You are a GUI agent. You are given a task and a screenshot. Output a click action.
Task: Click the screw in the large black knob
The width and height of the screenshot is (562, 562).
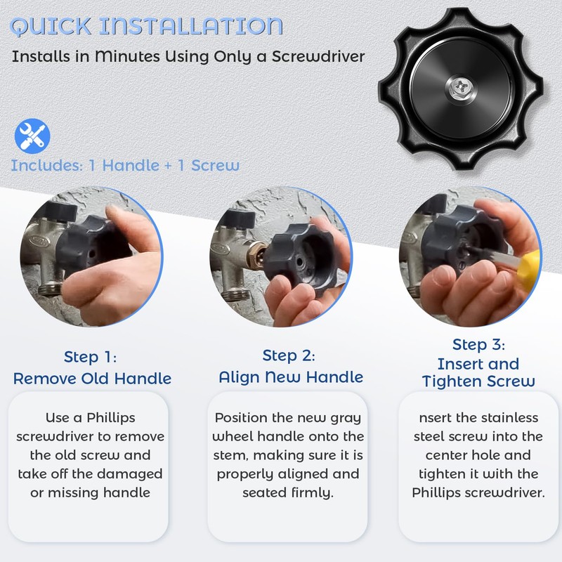pos(461,89)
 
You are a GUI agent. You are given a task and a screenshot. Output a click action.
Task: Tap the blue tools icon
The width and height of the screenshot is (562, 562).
pos(32,136)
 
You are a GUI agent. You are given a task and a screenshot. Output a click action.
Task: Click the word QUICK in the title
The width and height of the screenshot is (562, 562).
pos(51,26)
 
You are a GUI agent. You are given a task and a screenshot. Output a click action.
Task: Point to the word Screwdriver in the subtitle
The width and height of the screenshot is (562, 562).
pos(318,56)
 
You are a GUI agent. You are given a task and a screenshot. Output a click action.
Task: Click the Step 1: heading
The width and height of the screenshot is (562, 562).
pos(91,357)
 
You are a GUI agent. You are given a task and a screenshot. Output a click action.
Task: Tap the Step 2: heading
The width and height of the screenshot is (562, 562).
pos(289,356)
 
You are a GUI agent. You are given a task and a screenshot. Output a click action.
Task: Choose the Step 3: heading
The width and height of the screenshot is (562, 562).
pos(479,345)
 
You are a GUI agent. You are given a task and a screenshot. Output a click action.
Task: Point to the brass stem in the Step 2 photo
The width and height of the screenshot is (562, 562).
pos(259,254)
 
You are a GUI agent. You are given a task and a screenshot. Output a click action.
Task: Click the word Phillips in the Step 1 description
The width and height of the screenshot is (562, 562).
pos(111,418)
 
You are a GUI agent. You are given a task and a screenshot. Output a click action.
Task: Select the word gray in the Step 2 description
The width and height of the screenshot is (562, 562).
pos(346,419)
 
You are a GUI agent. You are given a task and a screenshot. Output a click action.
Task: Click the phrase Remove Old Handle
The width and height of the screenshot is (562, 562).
pos(93,379)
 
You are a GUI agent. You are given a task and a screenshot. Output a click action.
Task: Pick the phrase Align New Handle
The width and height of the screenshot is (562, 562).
pos(291,377)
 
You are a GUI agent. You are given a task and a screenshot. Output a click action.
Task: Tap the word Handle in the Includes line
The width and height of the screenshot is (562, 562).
pos(131,166)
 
